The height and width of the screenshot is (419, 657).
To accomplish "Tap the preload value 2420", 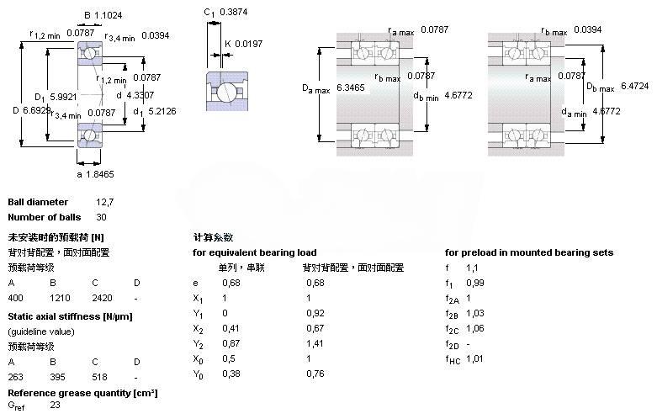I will coord(101,298).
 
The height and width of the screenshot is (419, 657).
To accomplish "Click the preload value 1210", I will coord(59,298).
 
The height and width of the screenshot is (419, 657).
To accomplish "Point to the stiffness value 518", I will coord(99,377).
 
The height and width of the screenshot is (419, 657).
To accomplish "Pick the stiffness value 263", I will coord(15,377).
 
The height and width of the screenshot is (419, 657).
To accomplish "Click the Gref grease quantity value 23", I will coord(55,406).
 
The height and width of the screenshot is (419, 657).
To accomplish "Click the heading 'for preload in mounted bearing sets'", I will coord(529,252).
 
